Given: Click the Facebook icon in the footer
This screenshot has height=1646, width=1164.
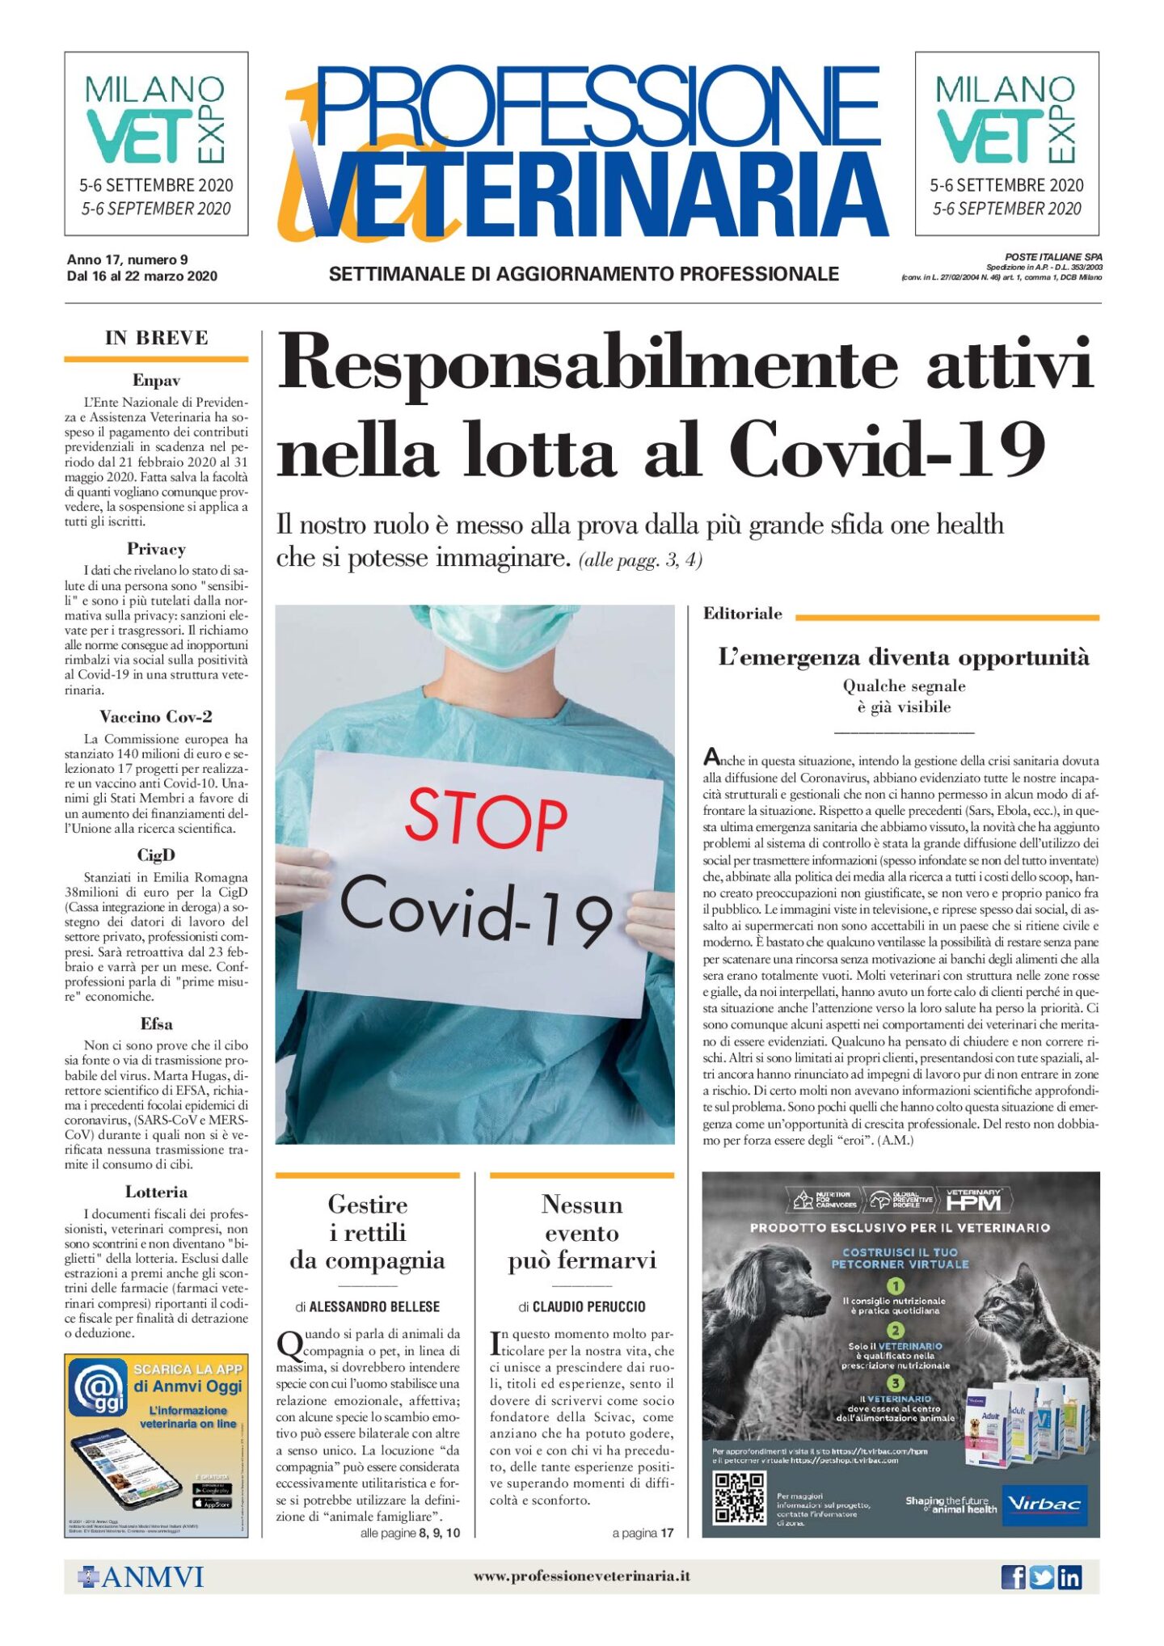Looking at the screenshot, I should [x=1013, y=1576].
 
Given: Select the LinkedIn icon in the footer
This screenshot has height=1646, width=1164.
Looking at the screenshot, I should [x=1069, y=1576].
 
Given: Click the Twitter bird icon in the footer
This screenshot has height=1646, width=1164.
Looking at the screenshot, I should [x=1041, y=1576].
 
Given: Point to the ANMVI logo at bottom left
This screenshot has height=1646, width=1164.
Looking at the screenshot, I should [x=141, y=1576].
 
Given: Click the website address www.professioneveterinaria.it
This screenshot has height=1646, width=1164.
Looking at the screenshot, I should [x=581, y=1576].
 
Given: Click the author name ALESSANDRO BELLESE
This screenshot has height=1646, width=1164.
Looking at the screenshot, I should [x=374, y=1306].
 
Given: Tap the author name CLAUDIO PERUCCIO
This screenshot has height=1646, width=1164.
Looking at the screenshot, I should [x=588, y=1306].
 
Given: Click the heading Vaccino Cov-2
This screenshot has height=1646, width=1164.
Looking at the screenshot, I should [x=156, y=716].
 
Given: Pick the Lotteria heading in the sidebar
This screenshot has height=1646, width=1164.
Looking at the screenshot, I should [x=156, y=1192].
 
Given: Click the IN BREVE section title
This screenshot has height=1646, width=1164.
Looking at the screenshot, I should [x=156, y=338].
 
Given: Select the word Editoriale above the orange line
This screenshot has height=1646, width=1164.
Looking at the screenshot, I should [x=742, y=614].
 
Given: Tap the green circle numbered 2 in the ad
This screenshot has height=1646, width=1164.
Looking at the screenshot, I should [x=896, y=1330].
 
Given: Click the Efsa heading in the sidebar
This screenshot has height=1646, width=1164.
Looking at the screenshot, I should [x=156, y=1023].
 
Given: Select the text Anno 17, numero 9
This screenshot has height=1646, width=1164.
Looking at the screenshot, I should [x=127, y=260].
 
